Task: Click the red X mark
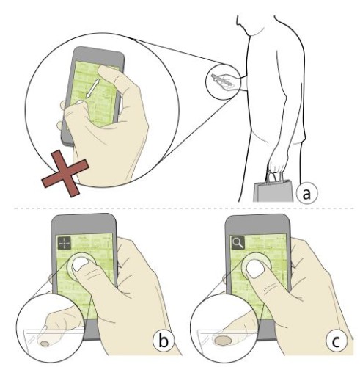65,173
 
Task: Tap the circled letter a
306,193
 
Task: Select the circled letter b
164,340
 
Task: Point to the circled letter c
337,341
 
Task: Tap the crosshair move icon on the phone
65,243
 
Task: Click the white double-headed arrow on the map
93,88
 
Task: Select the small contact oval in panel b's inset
45,344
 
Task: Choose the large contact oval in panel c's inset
223,340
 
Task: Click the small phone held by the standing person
222,80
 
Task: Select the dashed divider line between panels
184,208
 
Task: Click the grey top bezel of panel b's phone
84,223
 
